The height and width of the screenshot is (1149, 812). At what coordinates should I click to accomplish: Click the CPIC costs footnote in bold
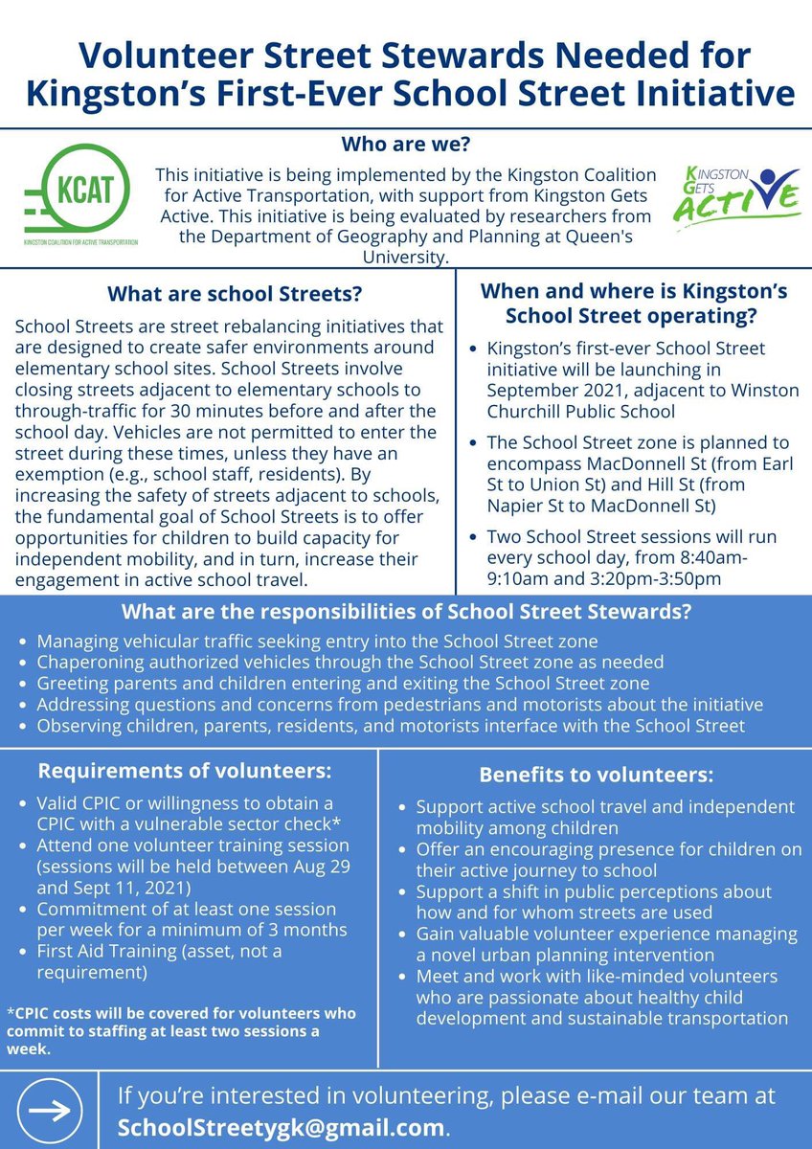[182, 1029]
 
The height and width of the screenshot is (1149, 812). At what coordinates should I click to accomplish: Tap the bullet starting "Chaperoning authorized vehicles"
[350, 663]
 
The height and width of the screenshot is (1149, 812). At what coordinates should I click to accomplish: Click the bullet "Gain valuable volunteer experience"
[607, 944]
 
